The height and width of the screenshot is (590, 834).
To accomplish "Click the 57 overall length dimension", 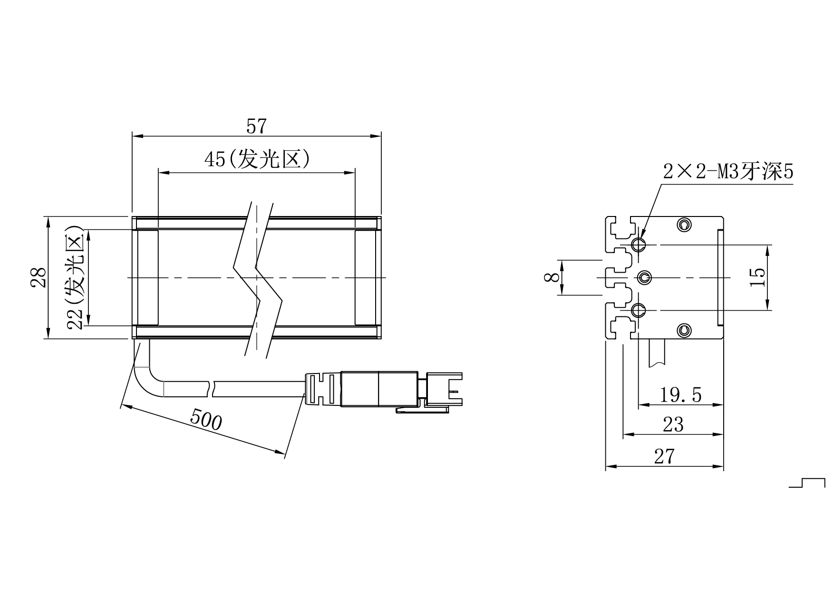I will tap(256, 127).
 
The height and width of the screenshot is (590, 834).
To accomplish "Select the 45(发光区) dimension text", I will tap(257, 160).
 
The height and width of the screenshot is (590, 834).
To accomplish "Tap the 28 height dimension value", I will tap(39, 277).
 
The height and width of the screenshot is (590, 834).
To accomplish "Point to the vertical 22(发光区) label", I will tap(76, 277).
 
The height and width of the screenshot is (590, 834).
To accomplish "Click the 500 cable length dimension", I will tap(206, 420).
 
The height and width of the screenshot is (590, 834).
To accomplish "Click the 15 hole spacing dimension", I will tap(757, 277).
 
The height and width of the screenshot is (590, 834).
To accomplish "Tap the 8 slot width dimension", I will tap(552, 277).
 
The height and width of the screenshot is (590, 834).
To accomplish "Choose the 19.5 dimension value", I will tap(680, 395).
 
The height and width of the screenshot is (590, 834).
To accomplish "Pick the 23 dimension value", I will tap(673, 425).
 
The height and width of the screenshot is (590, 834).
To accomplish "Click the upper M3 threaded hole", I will tap(638, 245).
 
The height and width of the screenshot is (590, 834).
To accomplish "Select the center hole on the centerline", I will tap(644, 277).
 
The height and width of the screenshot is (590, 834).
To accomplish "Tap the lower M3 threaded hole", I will tap(638, 311).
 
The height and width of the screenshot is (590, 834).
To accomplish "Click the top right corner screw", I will tap(684, 224).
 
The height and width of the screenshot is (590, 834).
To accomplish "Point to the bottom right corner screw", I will tap(684, 330).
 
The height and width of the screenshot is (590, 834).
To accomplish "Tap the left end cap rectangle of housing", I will tap(148, 277).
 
